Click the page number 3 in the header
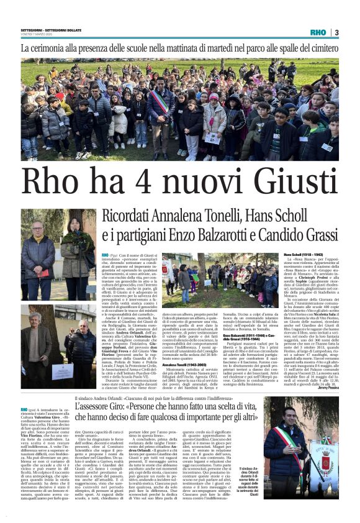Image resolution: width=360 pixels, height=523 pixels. [x=336, y=32]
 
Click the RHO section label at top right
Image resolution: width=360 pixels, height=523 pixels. [x=318, y=32]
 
